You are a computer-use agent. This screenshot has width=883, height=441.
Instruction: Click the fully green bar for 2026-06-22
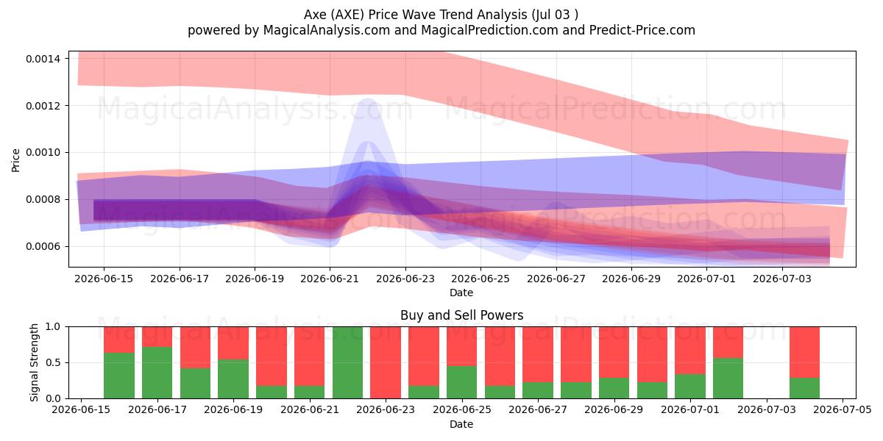[x=347, y=362]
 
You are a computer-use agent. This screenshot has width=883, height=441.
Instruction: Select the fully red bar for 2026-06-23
[x=386, y=362]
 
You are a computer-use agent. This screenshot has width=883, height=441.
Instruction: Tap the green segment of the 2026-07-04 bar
[x=804, y=388]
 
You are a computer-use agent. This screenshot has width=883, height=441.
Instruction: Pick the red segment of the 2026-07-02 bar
[x=728, y=343]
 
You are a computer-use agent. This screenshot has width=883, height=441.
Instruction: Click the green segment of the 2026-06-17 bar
[x=157, y=373]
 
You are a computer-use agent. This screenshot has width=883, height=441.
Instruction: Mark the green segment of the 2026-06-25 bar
[x=461, y=382]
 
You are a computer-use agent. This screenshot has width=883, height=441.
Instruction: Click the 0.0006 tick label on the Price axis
[x=43, y=246]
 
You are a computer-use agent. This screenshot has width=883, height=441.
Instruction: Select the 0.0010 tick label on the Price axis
[x=43, y=152]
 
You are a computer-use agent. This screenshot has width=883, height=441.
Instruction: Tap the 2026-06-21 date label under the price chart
[x=330, y=279]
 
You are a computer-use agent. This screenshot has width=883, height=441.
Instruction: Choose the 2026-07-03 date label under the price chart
[x=782, y=279]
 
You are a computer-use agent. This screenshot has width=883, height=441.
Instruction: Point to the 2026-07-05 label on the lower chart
[x=843, y=409]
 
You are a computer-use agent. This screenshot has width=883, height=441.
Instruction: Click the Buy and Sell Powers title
[x=461, y=315]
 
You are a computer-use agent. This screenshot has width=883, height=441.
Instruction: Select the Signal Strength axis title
[x=35, y=362]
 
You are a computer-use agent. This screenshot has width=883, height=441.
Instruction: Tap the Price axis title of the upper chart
[x=15, y=160]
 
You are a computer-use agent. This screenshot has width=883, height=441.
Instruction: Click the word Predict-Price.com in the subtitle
[x=642, y=30]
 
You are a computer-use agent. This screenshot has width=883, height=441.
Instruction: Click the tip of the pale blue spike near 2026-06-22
[x=368, y=98]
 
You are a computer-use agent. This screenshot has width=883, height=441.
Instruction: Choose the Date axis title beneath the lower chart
[x=461, y=424]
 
